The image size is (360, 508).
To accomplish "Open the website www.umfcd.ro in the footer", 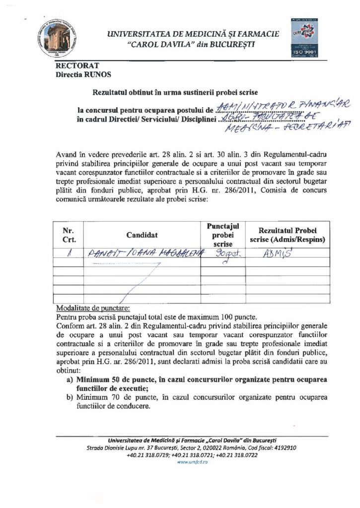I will (180, 461).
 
